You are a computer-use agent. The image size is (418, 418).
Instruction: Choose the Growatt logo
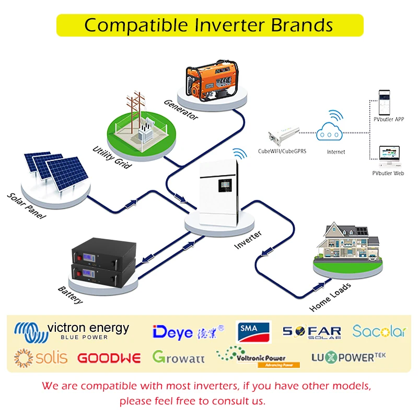coord(178,357)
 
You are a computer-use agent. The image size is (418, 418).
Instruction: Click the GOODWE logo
coord(109,358)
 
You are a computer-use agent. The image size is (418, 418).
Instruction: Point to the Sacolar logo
coord(379,331)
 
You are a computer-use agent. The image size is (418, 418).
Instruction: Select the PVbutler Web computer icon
coord(388,155)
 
